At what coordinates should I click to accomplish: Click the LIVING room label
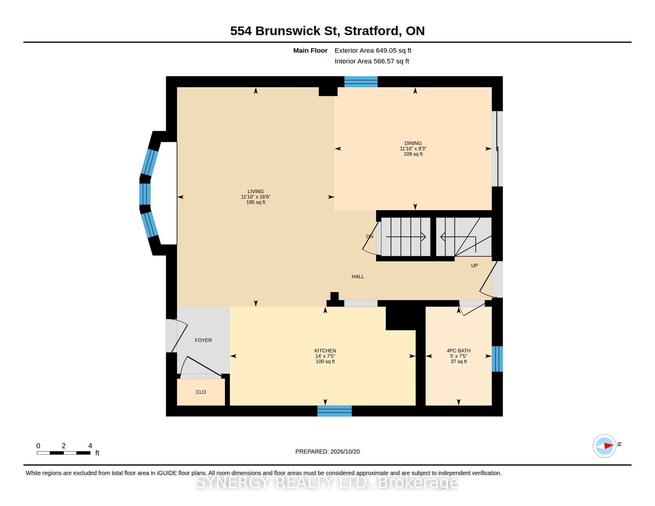click(x=255, y=191)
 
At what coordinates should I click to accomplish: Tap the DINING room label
click(x=413, y=143)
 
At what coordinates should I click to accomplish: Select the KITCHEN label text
click(x=325, y=350)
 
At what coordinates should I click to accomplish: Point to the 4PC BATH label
click(x=458, y=350)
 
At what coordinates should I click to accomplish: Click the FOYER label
click(x=203, y=340)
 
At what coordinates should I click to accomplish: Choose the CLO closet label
click(x=201, y=392)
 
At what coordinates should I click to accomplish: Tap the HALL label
click(x=358, y=277)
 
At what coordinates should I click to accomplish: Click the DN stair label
click(x=370, y=237)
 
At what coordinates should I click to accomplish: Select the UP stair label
click(x=475, y=266)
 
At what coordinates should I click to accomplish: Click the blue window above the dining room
click(x=361, y=82)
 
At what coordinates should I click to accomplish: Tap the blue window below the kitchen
click(x=334, y=411)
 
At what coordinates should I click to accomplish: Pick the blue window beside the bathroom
click(x=497, y=359)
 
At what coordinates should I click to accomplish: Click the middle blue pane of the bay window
click(x=145, y=194)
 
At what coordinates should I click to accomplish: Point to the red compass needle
click(x=609, y=446)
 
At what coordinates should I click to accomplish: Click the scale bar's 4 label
click(x=90, y=446)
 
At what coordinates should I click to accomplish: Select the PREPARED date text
click(x=327, y=452)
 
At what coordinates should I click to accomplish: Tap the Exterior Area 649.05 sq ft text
click(x=373, y=50)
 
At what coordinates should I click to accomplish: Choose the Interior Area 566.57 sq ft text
click(x=372, y=61)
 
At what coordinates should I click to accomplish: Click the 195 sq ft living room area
click(x=255, y=202)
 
